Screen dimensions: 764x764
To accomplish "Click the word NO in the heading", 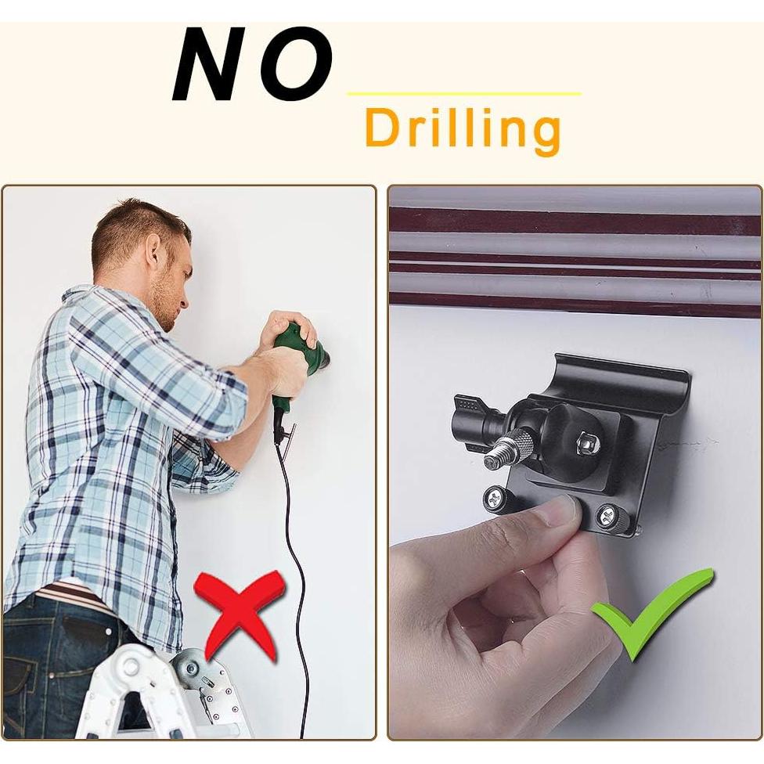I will (x=252, y=66).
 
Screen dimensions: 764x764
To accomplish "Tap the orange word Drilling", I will (x=463, y=130).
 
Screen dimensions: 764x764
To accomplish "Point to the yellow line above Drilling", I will (x=463, y=94).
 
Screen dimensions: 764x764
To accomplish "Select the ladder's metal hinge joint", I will (x=189, y=669).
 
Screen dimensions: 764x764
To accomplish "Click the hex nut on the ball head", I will (x=586, y=443).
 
